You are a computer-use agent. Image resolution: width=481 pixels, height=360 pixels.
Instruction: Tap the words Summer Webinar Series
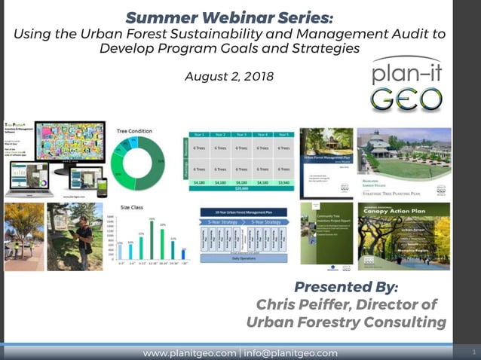tap(228, 17)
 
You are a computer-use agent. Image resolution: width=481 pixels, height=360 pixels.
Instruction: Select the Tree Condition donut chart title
tap(136, 130)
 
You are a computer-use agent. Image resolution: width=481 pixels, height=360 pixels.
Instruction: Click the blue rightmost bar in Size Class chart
tap(183, 254)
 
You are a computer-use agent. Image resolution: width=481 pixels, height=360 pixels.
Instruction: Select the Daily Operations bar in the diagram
tap(246, 259)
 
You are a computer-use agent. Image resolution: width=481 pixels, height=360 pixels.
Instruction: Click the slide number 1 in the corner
tap(473, 352)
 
